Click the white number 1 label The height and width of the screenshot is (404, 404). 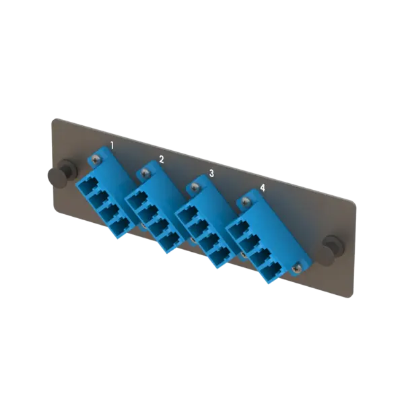coord(112,145)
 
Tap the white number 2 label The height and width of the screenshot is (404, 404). coord(161,159)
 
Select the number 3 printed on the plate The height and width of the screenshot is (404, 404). coord(211,173)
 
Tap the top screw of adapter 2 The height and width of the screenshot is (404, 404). coord(143,174)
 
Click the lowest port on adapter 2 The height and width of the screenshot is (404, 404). coord(168,242)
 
